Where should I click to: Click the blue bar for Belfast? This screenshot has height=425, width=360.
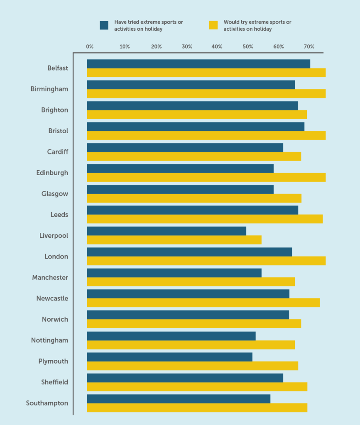198,64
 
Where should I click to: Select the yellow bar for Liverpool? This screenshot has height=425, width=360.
174,240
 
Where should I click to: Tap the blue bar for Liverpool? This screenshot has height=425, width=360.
167,231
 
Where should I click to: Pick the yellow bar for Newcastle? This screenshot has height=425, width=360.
203,303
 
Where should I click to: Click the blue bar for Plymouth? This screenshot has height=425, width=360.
169,357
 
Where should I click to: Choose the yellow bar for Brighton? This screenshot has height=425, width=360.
197,115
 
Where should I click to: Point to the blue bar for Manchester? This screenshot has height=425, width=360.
174,273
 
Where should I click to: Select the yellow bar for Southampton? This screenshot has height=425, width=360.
197,408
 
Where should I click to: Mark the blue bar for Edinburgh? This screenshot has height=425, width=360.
180,169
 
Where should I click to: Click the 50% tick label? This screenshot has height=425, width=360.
248,47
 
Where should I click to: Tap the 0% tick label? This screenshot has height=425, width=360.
90,47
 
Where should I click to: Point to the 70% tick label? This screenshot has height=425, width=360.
309,47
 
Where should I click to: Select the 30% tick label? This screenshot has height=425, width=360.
187,47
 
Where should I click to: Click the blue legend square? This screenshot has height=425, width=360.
104,25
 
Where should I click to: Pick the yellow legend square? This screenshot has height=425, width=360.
213,25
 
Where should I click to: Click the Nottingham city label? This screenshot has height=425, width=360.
49,340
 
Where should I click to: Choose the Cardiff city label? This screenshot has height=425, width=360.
57,152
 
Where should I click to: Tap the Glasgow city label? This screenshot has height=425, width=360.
54,194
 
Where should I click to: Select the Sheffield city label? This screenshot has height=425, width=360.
54,382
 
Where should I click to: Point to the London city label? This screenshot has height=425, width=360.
56,256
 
